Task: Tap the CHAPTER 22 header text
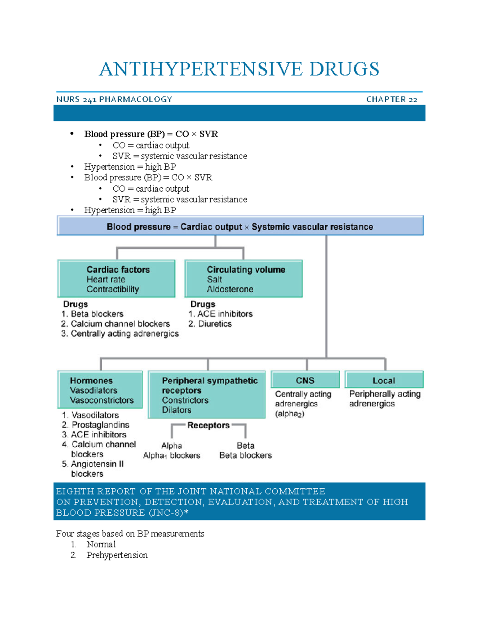click(392, 99)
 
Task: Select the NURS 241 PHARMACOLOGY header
click(114, 99)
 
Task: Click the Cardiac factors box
click(117, 279)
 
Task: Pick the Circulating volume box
click(243, 279)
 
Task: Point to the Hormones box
click(100, 390)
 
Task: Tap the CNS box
click(305, 380)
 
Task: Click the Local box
click(384, 380)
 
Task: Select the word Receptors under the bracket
click(208, 426)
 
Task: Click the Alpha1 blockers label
click(172, 456)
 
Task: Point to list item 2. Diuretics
click(210, 324)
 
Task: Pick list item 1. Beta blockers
click(93, 314)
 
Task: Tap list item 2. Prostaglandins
click(96, 425)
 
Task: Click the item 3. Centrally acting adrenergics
click(120, 334)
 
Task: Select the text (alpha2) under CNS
click(290, 414)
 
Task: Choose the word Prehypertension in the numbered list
click(117, 555)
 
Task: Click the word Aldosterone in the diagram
click(230, 289)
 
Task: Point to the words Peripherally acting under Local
click(385, 394)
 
